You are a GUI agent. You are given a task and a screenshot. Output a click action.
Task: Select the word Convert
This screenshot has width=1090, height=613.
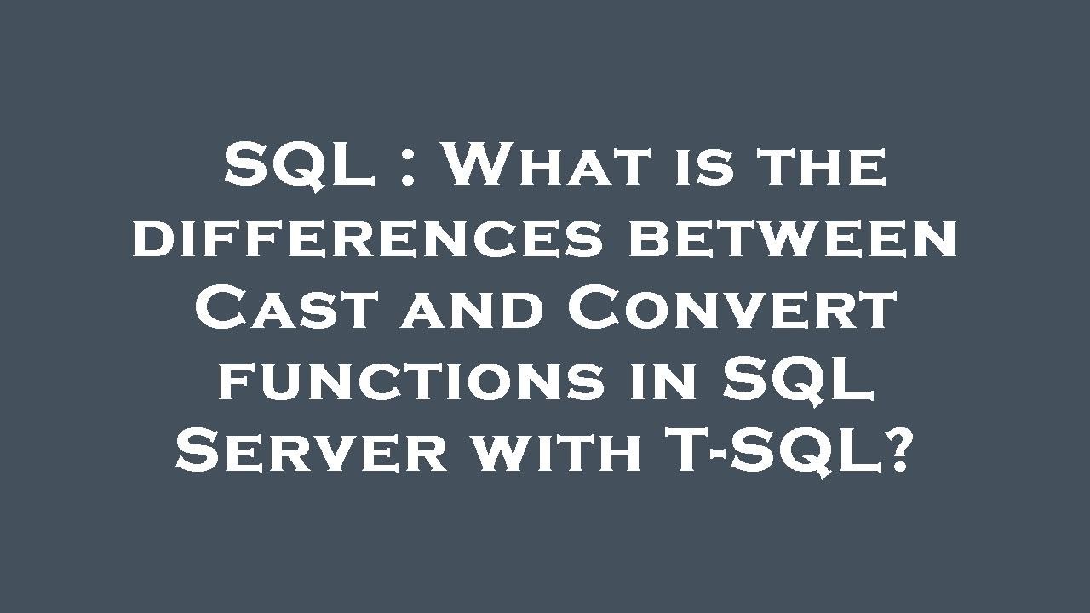point(731,307)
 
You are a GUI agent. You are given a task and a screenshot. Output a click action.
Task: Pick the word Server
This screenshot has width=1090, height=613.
point(312,450)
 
